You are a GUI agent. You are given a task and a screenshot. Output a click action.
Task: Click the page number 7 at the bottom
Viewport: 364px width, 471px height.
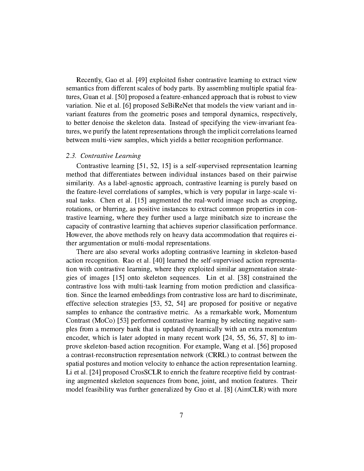[x=181, y=415]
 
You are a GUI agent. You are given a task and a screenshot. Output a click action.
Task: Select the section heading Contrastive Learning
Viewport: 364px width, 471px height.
[x=111, y=156]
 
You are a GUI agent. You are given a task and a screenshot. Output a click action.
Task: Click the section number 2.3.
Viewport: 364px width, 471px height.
[x=71, y=156]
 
